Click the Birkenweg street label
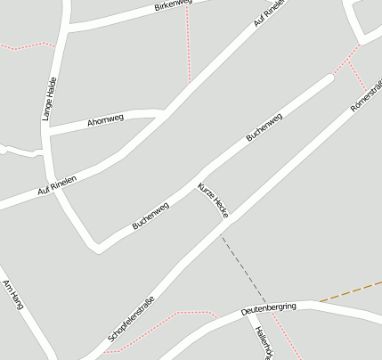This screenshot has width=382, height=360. [x=173, y=6]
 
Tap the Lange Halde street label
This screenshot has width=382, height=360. [x=50, y=99]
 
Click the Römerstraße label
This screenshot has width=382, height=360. [x=366, y=96]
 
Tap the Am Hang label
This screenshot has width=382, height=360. [x=12, y=293]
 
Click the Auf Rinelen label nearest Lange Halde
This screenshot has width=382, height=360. [x=57, y=185]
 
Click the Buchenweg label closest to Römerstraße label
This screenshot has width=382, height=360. [x=264, y=127]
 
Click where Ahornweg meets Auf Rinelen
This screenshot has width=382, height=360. [x=166, y=114]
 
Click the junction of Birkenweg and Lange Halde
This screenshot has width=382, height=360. [x=65, y=28]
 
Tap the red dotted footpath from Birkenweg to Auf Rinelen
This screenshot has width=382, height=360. [x=188, y=45]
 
